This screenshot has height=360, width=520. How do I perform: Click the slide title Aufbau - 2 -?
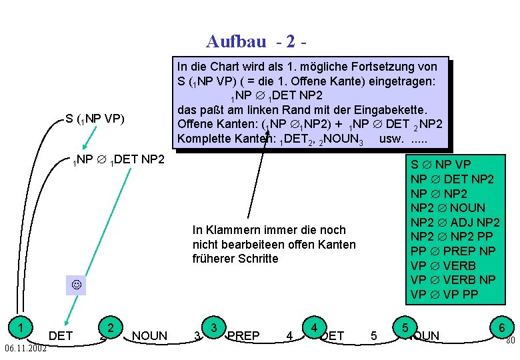tap(256, 42)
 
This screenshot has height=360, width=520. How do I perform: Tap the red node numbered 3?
tap(214, 327)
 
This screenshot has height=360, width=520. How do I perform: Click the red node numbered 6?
tap(501, 327)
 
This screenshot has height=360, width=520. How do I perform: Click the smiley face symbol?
tap(76, 285)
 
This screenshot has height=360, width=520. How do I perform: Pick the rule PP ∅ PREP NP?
tap(453, 251)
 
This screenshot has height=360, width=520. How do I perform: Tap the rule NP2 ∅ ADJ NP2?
tap(455, 223)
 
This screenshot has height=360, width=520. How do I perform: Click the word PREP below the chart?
tap(243, 335)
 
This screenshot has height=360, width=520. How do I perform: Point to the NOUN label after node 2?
tap(150, 335)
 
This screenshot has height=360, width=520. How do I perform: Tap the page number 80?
tap(510, 341)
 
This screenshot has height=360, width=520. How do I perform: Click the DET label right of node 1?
tap(61, 335)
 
